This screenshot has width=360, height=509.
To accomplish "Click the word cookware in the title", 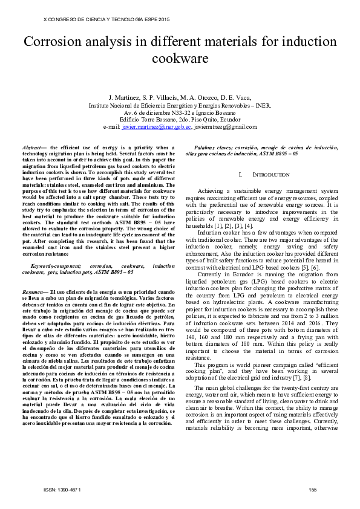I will pyautogui.click(x=180, y=59).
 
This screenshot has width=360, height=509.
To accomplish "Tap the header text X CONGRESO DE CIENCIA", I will pyautogui.click(x=67, y=19).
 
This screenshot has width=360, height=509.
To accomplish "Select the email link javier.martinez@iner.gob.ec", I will pyautogui.click(x=157, y=127).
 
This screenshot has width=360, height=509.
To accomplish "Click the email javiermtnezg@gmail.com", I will pyautogui.click(x=225, y=127).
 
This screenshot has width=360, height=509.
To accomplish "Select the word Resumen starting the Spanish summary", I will pyautogui.click(x=31, y=293).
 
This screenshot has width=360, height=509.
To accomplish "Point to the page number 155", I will pyautogui.click(x=313, y=489).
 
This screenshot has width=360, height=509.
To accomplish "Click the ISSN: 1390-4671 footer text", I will pyautogui.click(x=61, y=489).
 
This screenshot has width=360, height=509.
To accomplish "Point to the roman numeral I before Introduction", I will pyautogui.click(x=241, y=174).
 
